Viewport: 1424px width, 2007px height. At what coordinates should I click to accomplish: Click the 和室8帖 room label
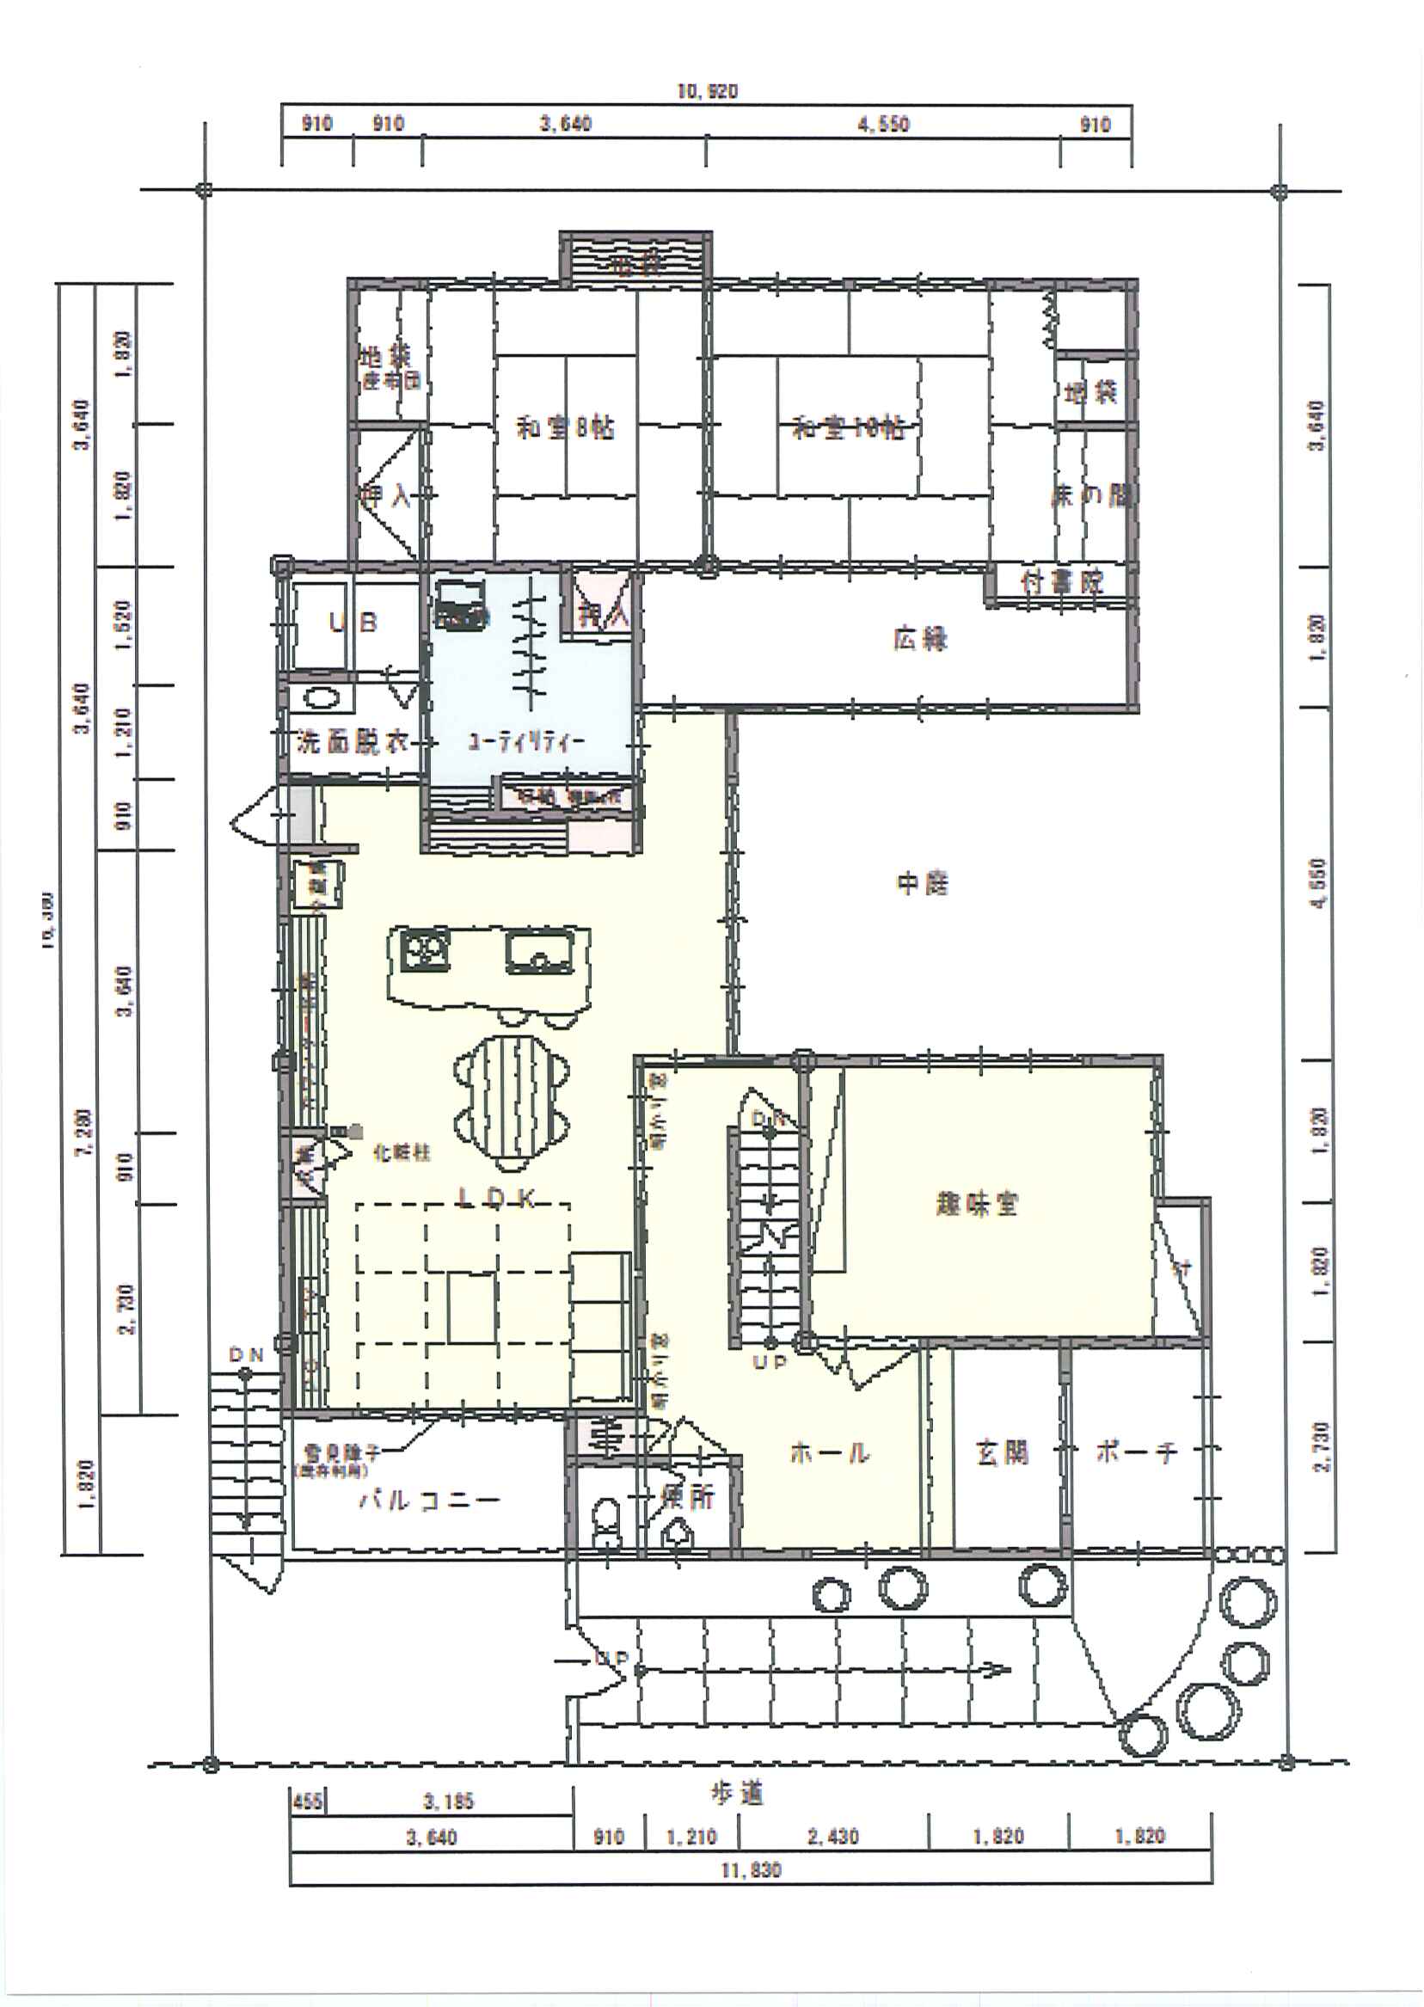coord(565,428)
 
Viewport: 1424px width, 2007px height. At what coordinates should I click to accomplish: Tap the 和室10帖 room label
coord(848,428)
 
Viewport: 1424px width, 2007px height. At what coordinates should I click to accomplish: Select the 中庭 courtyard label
coord(923,883)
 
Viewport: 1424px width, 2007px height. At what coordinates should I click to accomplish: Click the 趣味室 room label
coord(977,1204)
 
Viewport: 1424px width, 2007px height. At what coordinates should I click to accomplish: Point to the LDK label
coord(497,1200)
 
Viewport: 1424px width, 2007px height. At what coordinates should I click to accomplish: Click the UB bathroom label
coord(353,623)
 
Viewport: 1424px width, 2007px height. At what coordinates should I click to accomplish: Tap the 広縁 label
coord(921,639)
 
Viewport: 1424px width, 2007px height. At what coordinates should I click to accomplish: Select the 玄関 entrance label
coord(1003,1453)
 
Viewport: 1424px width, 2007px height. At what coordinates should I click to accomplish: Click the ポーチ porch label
coord(1137,1453)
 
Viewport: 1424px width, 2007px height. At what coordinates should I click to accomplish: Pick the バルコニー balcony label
coord(429,1501)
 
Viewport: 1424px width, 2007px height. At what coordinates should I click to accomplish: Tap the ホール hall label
coord(830,1453)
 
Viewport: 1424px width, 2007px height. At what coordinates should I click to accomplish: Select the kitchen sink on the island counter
coord(539,952)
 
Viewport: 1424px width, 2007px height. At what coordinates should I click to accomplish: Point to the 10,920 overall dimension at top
coord(707,91)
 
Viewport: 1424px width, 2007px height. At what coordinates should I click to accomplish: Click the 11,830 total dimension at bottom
coord(751,1870)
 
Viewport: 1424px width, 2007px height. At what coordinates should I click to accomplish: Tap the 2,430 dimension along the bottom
coord(832,1836)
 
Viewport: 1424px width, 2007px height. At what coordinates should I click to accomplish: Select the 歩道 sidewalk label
coord(737,1794)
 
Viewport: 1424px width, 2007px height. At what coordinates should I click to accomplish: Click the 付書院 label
coord(1062,581)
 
